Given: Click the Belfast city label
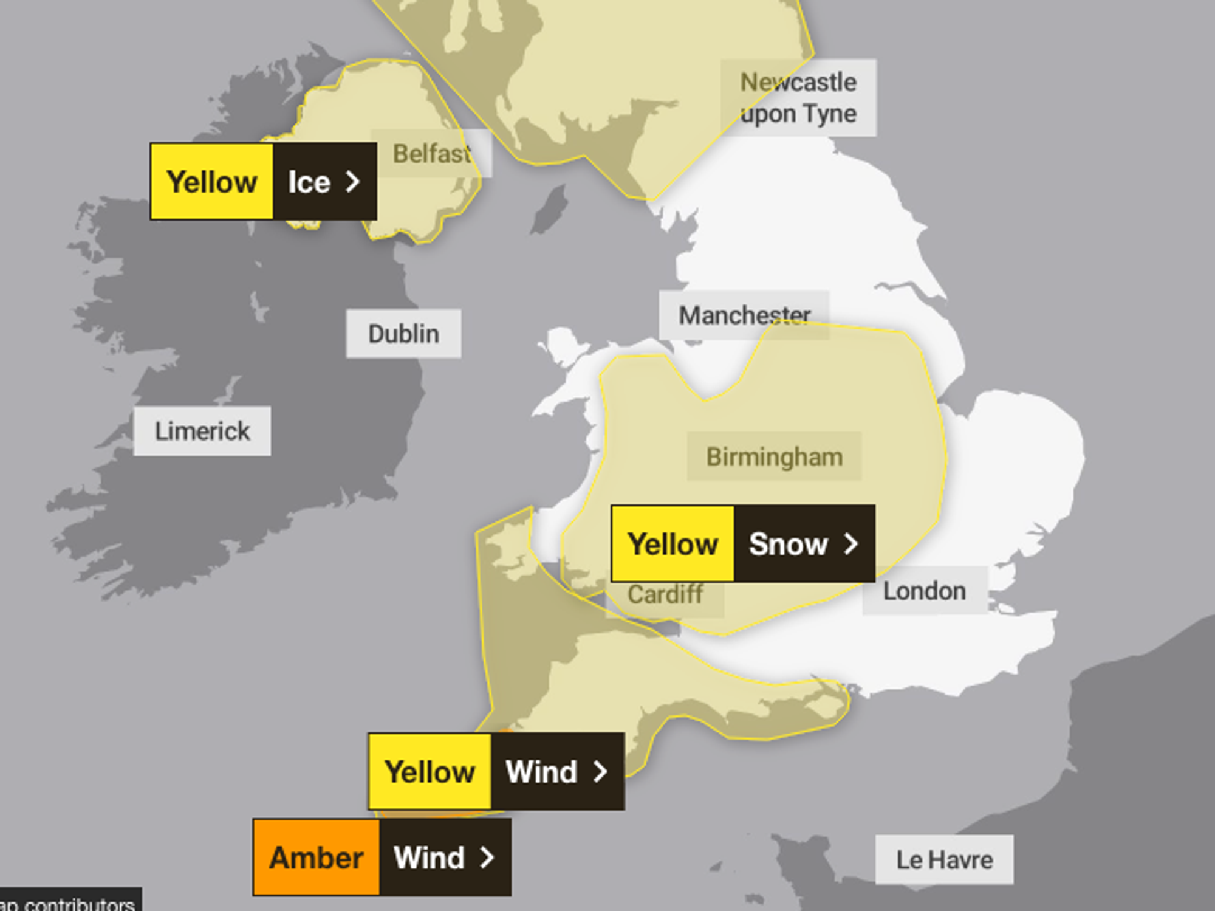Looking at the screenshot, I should [431, 154].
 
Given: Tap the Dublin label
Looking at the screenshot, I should [403, 334].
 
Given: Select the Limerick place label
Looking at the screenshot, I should [202, 431].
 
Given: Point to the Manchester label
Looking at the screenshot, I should [744, 315].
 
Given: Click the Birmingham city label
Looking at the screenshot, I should [775, 456].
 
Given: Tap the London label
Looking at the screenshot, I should [924, 591].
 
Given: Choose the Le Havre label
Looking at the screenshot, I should [944, 859].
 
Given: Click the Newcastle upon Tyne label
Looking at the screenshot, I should [798, 98].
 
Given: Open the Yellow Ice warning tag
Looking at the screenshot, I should [263, 182].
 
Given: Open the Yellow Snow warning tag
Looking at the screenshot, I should [743, 543].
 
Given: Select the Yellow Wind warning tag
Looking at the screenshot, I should [496, 771].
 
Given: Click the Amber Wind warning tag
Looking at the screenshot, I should [382, 857].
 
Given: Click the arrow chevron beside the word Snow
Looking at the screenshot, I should [851, 543].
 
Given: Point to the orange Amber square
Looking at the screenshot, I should [317, 857].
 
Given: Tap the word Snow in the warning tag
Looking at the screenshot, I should [788, 543].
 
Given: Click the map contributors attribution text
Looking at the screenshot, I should [70, 904].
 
